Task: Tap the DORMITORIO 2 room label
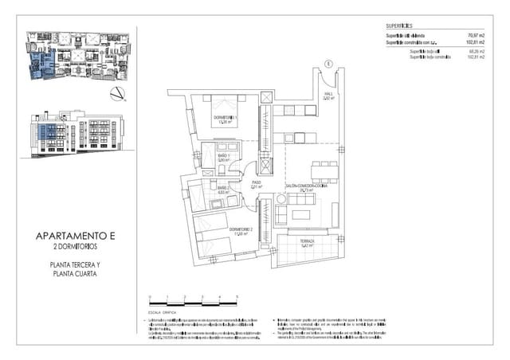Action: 241,229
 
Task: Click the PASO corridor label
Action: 257,182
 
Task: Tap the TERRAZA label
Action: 308,241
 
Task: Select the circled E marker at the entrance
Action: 328,63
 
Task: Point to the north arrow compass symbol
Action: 117,95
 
